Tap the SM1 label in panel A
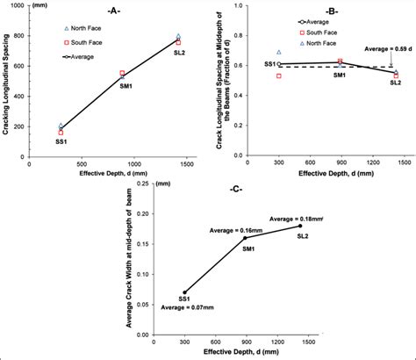pos(127,87)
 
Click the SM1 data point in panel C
pos(245,238)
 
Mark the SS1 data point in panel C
pos(185,292)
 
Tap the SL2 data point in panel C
pos(301,226)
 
